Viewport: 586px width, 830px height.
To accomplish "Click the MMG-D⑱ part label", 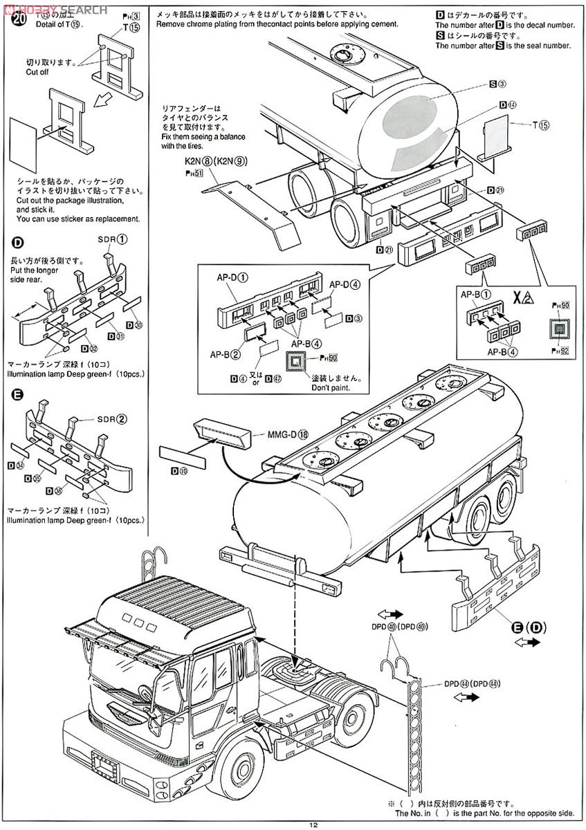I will (291, 435).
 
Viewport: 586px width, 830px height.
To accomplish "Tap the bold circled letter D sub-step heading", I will (17, 243).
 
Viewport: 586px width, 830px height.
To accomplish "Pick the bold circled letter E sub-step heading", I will (17, 396).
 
